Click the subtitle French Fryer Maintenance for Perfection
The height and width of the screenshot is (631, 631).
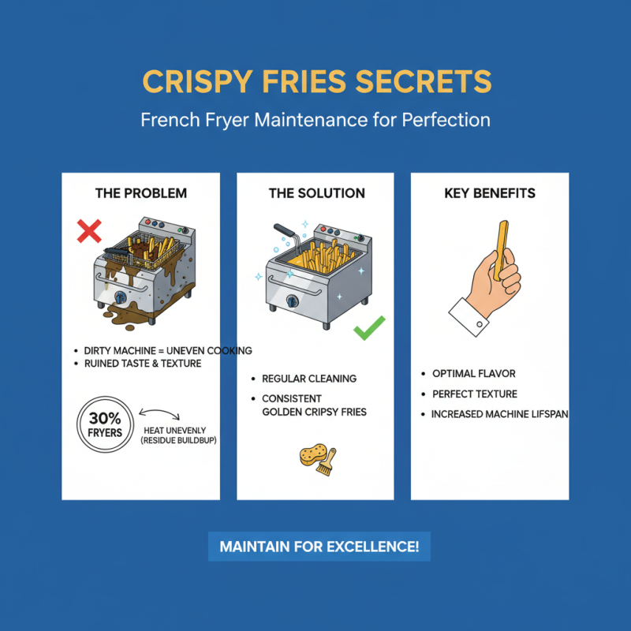(x=315, y=121)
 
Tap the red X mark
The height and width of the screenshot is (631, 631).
(x=88, y=231)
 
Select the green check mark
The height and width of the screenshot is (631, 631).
(x=368, y=327)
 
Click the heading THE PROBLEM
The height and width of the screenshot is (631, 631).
(x=141, y=193)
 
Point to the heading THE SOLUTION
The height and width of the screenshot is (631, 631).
(x=316, y=193)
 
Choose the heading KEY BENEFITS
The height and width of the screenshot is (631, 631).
(x=490, y=193)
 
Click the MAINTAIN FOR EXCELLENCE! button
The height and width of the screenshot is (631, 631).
(x=319, y=546)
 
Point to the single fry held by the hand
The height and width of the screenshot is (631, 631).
(x=502, y=244)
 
